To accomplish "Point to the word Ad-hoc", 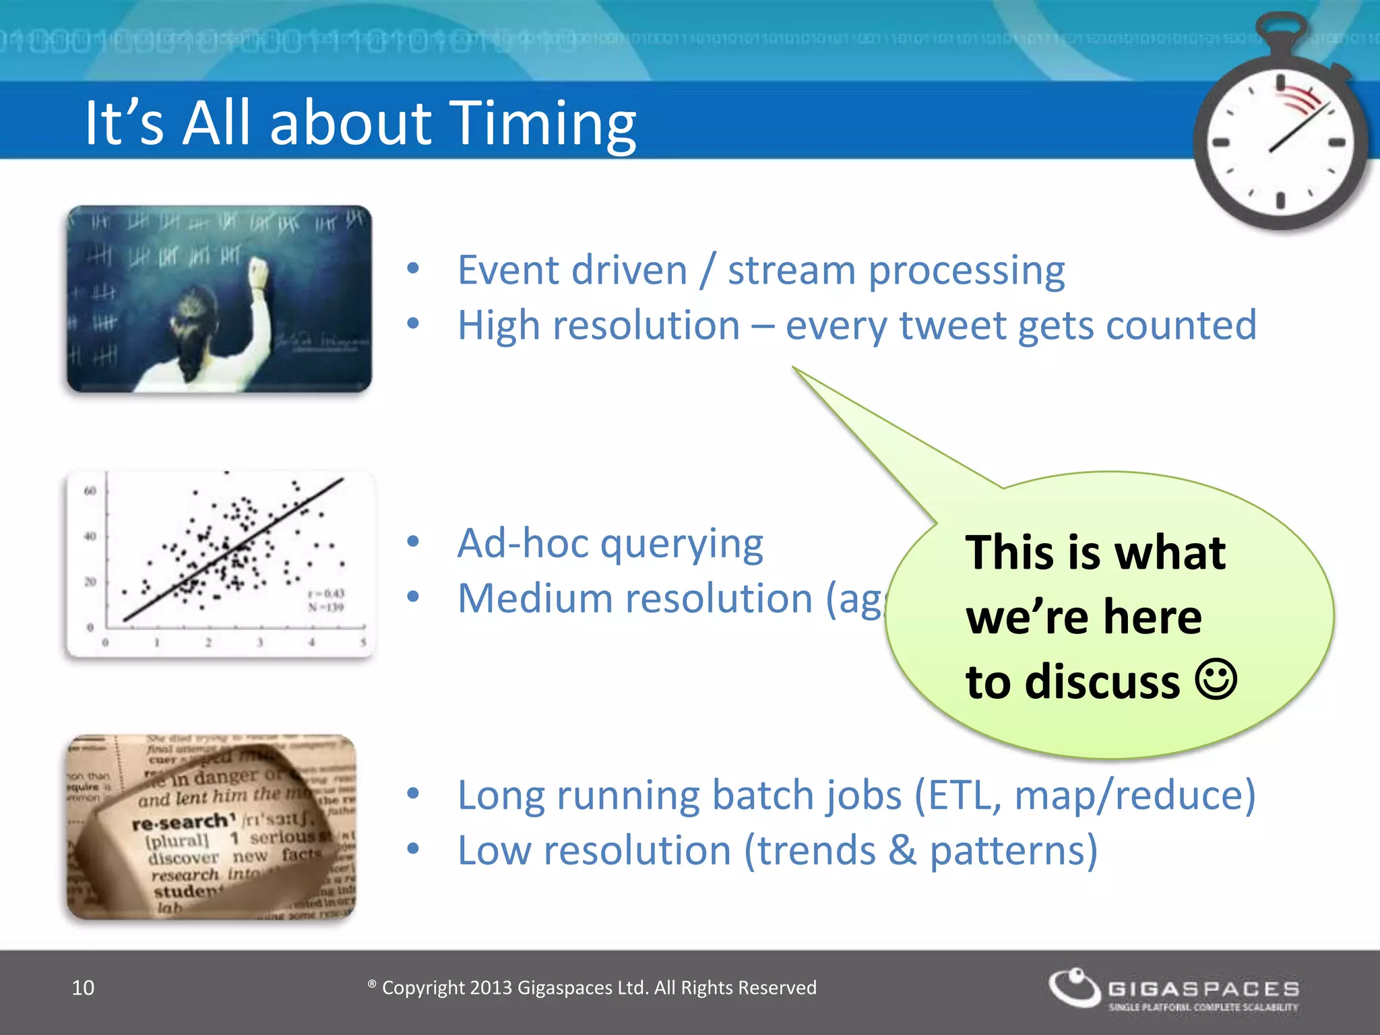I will (522, 543).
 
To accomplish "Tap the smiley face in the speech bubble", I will (1216, 679).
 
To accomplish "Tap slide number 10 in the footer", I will (83, 988).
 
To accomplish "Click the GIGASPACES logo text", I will (1203, 989).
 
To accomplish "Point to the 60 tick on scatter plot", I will (90, 491).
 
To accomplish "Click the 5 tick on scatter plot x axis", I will (363, 643).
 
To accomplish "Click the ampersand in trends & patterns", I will (903, 850).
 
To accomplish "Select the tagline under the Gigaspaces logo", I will (1203, 1007).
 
